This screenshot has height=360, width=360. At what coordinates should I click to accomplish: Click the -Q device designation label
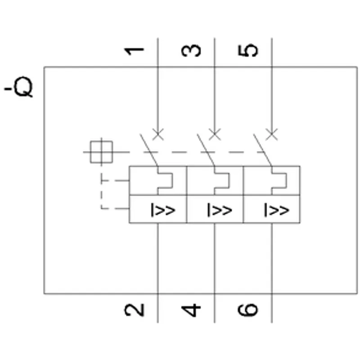[18, 87]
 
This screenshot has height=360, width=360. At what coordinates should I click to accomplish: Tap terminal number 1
[134, 51]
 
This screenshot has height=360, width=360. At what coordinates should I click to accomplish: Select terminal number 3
[191, 50]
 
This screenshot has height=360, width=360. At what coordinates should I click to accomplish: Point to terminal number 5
[248, 50]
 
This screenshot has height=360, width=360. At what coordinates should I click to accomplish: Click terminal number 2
[134, 310]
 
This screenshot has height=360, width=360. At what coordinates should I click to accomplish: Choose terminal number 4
[191, 310]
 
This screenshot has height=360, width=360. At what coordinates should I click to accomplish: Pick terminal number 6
[248, 310]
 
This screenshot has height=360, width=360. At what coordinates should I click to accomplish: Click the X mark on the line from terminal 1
[158, 134]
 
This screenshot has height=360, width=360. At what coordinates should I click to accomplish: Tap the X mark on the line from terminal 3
[215, 134]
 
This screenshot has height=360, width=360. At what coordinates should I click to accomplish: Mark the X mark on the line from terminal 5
[272, 134]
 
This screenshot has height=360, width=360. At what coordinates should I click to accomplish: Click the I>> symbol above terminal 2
[163, 210]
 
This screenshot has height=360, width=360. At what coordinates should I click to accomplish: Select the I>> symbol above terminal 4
[220, 210]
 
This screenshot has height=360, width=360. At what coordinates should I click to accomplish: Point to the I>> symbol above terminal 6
[277, 210]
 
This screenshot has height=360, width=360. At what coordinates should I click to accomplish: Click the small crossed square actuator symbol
[102, 152]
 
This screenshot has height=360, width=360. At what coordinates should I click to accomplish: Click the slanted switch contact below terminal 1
[149, 150]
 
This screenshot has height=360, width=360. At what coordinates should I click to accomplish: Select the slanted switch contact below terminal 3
[206, 150]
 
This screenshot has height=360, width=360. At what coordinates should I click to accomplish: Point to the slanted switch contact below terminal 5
[263, 150]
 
